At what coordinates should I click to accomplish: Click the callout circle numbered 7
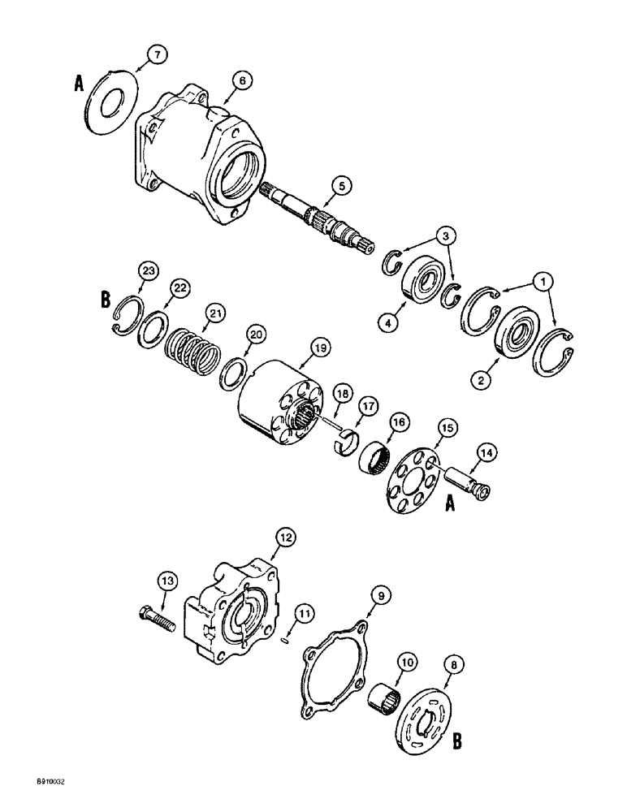157,54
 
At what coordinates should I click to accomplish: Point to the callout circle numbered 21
214,313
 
